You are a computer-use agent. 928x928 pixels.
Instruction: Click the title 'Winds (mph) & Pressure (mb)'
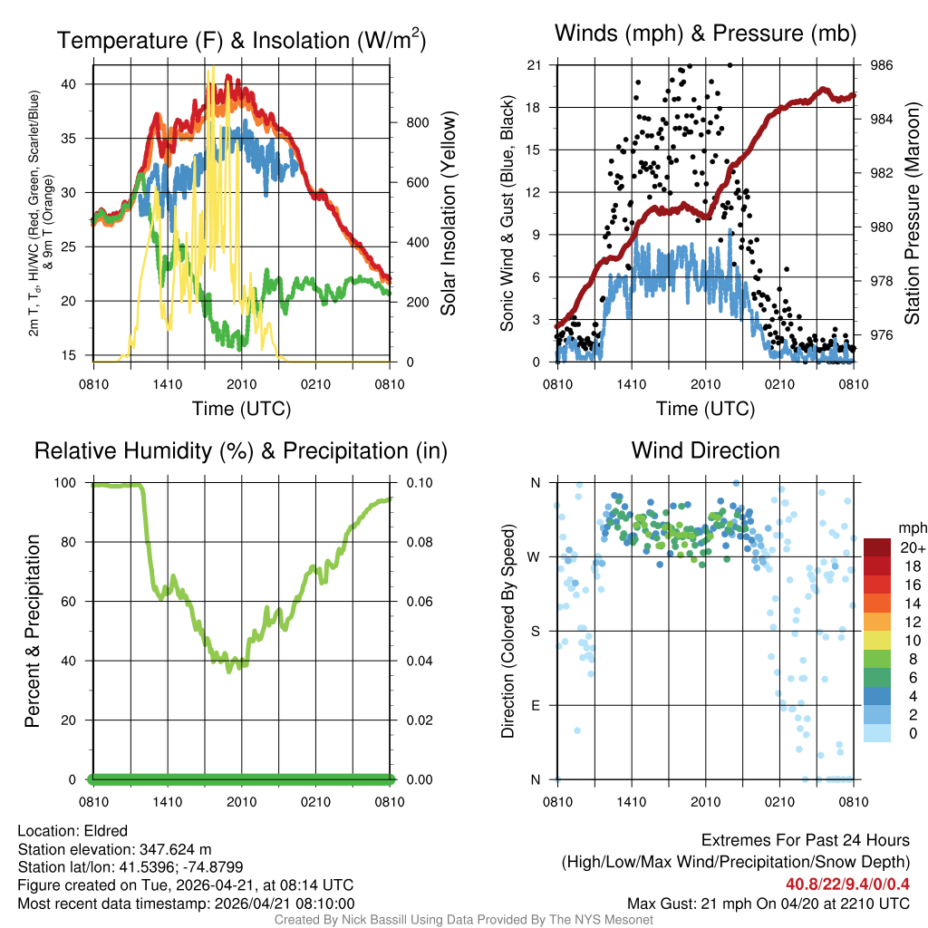pos(705,34)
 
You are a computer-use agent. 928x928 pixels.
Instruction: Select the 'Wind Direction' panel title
pos(705,450)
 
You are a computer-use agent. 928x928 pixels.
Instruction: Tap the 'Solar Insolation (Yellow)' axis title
pos(448,213)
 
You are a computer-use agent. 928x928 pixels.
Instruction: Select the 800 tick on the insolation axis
pos(409,122)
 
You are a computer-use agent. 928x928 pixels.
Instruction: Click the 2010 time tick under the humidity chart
pos(242,801)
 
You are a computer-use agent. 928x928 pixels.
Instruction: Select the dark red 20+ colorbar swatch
pos(877,546)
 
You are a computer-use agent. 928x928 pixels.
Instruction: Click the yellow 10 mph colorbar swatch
pos(877,640)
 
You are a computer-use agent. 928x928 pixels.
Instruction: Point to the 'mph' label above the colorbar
pos(911,527)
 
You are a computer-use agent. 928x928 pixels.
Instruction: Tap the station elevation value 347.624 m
pos(175,849)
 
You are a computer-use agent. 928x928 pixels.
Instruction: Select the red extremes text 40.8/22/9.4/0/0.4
pos(847,884)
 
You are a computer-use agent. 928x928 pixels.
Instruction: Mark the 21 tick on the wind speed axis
pos(535,65)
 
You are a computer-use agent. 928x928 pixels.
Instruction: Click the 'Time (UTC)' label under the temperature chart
pos(242,409)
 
